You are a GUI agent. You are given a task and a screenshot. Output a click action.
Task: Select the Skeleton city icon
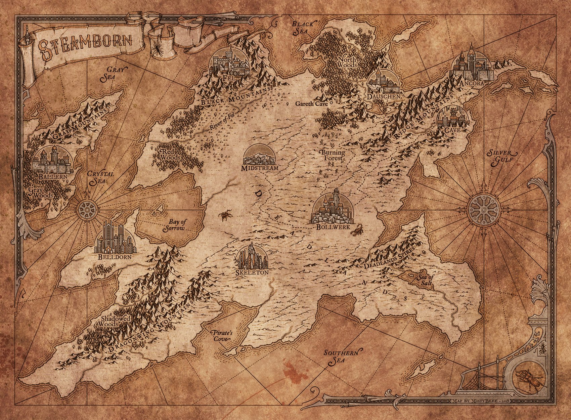pyautogui.click(x=252, y=257)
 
